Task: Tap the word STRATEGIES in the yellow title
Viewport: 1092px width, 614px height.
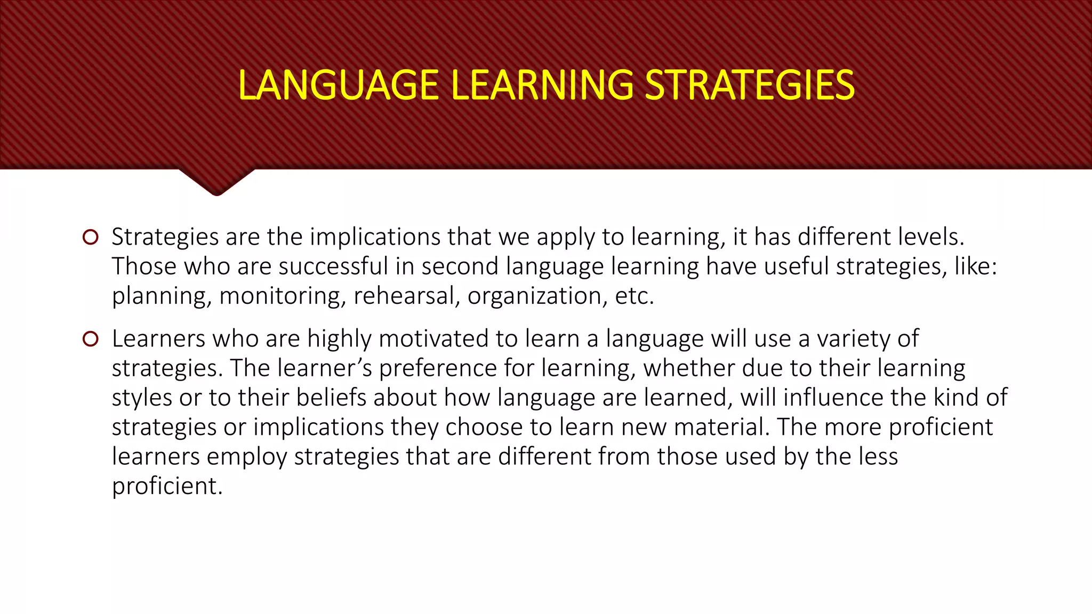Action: click(x=749, y=85)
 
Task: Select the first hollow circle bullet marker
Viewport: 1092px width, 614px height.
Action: click(x=91, y=237)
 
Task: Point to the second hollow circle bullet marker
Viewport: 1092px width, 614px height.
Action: click(x=91, y=339)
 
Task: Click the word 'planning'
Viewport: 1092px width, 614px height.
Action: click(x=158, y=296)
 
